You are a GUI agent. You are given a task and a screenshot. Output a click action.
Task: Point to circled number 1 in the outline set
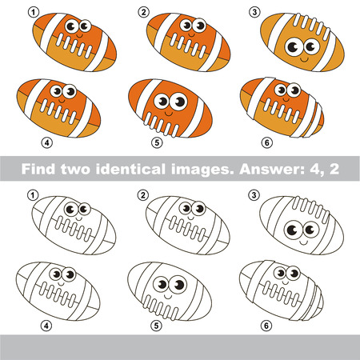coord(32,194)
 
